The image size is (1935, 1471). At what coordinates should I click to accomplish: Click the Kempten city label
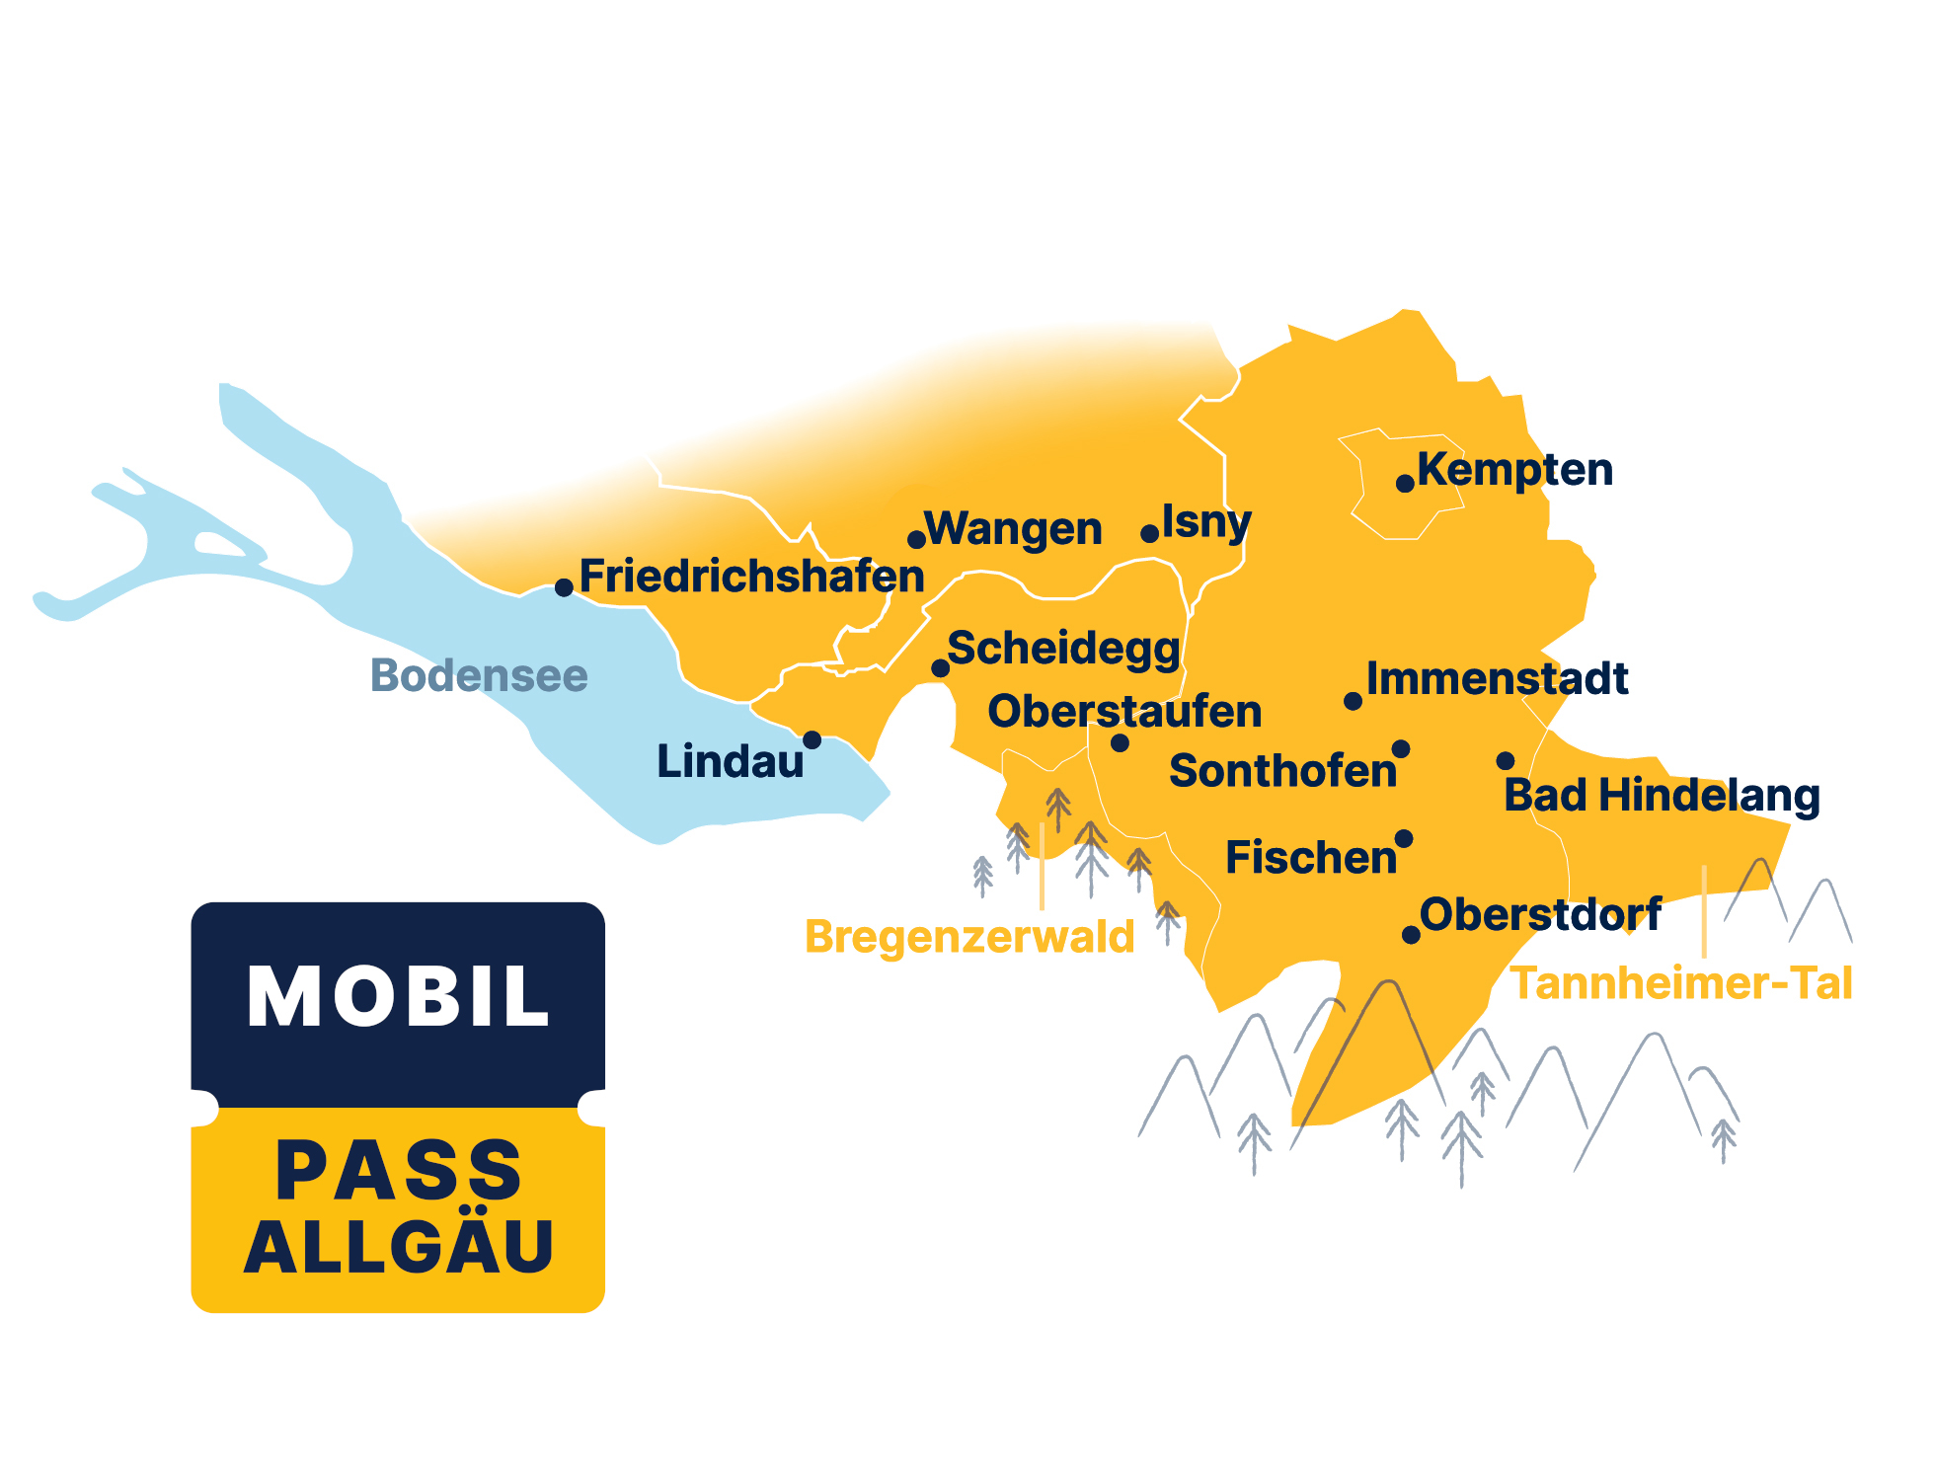click(1514, 470)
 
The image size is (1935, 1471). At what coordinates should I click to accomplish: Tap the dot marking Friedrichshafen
click(564, 587)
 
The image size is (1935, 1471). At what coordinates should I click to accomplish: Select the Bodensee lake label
click(479, 675)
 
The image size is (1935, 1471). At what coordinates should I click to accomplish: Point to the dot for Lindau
click(812, 739)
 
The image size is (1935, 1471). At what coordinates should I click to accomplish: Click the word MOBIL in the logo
click(398, 997)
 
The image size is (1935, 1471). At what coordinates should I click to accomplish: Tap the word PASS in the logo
click(398, 1171)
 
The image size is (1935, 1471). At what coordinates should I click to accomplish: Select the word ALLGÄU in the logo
click(398, 1247)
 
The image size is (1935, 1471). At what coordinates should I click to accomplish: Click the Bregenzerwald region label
click(969, 936)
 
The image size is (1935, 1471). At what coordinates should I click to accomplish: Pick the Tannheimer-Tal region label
click(1681, 983)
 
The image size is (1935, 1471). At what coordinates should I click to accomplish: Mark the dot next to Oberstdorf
click(1411, 934)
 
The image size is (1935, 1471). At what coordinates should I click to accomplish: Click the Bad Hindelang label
click(1662, 796)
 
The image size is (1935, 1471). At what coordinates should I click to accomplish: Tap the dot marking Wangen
click(916, 539)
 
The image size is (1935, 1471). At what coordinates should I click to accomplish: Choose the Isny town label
click(1206, 521)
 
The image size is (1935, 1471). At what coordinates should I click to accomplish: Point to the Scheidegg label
click(1063, 649)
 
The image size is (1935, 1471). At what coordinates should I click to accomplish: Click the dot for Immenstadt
click(1353, 701)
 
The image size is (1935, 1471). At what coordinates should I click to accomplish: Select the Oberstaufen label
click(1124, 711)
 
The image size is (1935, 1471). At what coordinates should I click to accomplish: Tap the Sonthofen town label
click(1282, 771)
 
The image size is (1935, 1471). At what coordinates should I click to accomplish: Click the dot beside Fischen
click(1403, 839)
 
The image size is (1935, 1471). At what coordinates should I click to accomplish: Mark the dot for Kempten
click(1404, 483)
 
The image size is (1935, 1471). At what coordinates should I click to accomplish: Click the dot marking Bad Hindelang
click(1505, 760)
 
